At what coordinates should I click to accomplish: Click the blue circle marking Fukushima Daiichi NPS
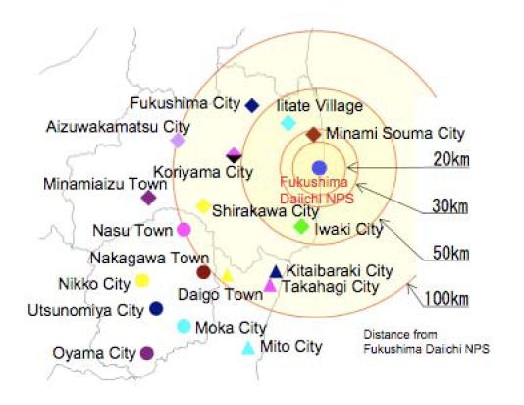318,167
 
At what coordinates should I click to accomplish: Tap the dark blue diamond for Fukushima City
252,105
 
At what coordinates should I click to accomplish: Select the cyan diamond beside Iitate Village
288,123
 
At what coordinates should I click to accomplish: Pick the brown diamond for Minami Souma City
313,134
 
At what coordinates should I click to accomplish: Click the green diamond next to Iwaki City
302,227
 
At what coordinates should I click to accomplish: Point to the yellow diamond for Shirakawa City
203,206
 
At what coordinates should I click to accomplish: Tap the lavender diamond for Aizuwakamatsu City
178,141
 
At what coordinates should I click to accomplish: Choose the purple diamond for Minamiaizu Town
148,198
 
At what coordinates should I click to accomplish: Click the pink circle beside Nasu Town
183,230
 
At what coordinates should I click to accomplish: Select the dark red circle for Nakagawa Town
203,272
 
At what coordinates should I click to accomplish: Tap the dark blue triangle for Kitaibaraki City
276,271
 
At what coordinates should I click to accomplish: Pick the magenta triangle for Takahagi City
270,286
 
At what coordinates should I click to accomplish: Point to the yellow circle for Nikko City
141,280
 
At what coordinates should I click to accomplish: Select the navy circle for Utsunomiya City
156,309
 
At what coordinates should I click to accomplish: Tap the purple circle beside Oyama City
146,353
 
